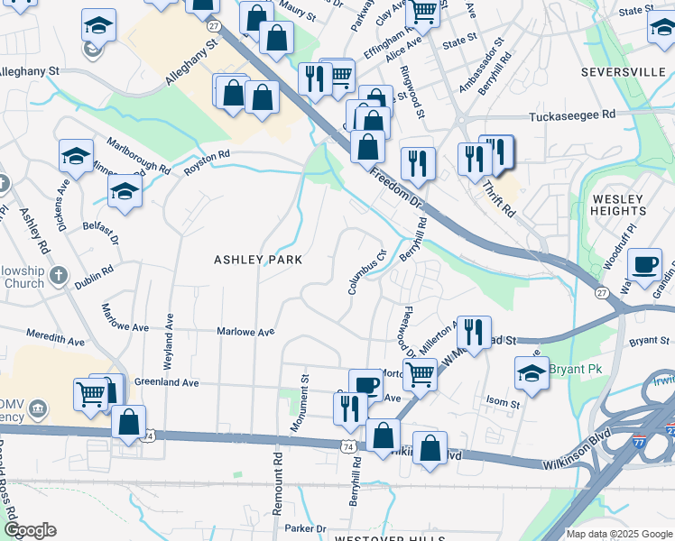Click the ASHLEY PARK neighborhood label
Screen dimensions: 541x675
[256, 260]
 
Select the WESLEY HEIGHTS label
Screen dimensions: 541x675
[618, 205]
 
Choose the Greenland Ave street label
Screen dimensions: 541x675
[167, 382]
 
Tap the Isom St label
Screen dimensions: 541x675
[503, 405]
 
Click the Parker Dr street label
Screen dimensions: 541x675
[304, 528]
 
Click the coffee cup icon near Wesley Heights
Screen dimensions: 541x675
[644, 264]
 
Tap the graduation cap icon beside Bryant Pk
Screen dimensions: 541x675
[532, 371]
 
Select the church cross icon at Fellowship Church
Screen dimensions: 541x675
[60, 275]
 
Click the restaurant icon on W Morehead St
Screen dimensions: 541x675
[474, 332]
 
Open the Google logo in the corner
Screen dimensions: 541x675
[29, 530]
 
